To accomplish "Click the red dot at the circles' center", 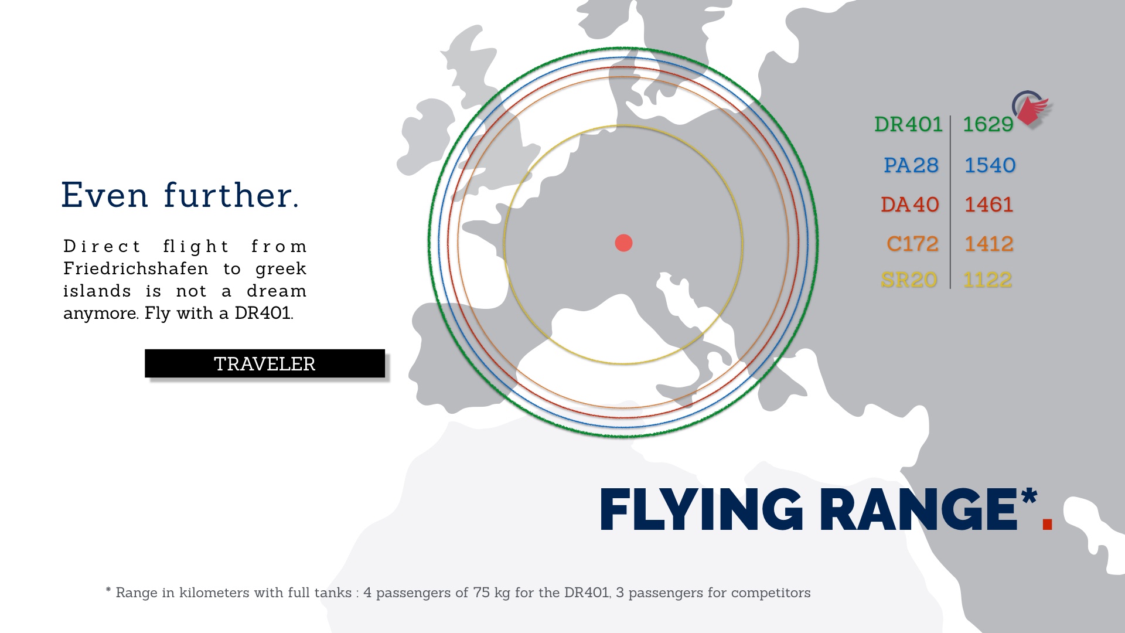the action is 623,243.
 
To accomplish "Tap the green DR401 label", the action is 908,124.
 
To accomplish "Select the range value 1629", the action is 988,124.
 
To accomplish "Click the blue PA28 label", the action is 911,165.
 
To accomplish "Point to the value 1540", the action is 990,165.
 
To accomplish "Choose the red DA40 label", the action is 910,205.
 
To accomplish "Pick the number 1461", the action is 989,205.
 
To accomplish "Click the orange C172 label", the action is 912,244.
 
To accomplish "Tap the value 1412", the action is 989,244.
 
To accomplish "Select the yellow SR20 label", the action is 909,280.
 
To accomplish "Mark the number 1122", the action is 988,280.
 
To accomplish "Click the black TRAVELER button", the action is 265,363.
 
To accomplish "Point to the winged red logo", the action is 1031,108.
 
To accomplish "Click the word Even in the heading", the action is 104,195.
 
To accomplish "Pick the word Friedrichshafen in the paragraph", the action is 136,269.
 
